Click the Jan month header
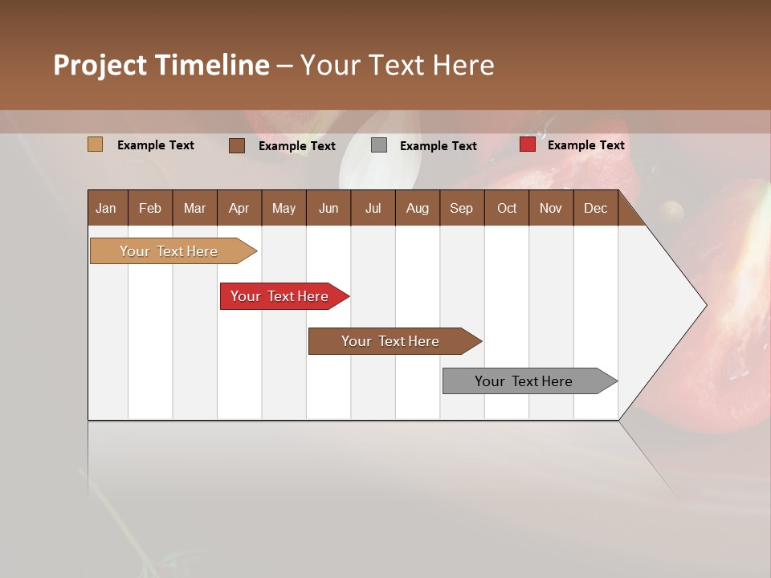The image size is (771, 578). (x=106, y=209)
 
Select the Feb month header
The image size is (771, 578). (x=150, y=209)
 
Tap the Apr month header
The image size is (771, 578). (x=239, y=209)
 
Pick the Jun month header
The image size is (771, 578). (x=328, y=209)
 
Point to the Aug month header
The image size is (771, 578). (x=417, y=209)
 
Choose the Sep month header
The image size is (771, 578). (x=461, y=209)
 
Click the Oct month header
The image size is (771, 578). (x=507, y=209)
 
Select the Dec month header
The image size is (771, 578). (x=595, y=209)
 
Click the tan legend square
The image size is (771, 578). (x=95, y=144)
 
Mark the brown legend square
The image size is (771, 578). (x=236, y=145)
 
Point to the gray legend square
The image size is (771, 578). (x=379, y=145)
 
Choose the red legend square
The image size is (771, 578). (x=527, y=144)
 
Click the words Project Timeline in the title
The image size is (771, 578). (x=161, y=65)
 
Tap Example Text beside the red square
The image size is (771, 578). (x=585, y=145)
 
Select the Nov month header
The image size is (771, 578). (x=550, y=209)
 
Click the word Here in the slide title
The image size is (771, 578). (x=463, y=65)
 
